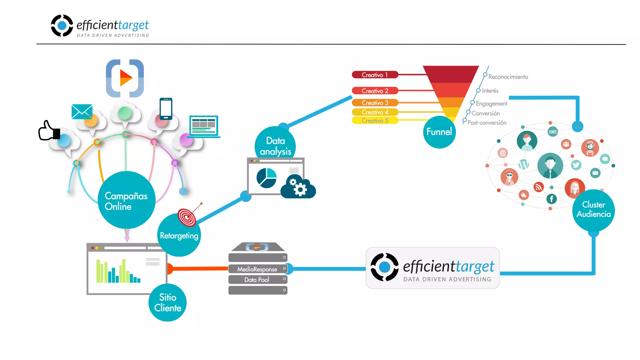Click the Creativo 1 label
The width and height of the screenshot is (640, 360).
(375, 75)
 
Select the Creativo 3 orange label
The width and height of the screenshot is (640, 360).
(375, 103)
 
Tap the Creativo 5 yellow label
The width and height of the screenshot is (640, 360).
(375, 121)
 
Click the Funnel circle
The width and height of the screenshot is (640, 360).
(439, 132)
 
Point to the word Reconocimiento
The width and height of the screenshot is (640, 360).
(508, 77)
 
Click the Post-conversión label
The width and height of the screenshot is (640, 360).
(487, 123)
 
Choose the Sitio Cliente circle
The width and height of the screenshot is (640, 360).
(167, 302)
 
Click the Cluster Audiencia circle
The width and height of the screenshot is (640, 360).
(593, 210)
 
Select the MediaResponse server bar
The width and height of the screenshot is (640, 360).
(257, 269)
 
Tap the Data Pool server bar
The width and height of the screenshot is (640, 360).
(257, 280)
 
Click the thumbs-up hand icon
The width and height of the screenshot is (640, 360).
(49, 131)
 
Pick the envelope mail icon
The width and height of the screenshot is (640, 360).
(82, 112)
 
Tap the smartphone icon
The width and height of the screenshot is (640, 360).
(166, 109)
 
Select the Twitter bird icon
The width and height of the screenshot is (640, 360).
(576, 165)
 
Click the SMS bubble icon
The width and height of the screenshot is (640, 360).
(552, 132)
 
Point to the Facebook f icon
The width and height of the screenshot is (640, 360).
(551, 199)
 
